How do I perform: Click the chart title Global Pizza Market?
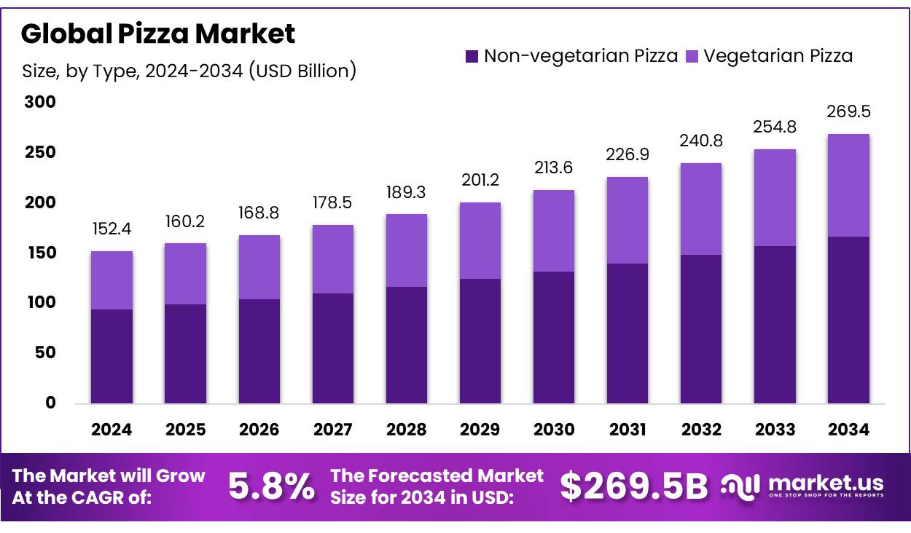coord(158,33)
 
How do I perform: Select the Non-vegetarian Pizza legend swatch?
coord(472,56)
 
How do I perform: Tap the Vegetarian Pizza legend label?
coord(778,56)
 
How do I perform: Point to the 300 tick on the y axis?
coord(40,103)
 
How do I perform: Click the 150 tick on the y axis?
coord(40,253)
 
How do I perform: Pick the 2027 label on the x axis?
coord(333,430)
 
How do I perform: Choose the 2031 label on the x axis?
coord(627,430)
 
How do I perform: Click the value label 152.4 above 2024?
coord(112,229)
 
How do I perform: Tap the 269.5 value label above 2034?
coord(848,112)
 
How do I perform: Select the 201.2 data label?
coord(480,180)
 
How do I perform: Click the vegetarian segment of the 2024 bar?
coord(112,280)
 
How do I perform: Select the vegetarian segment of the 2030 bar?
coord(554,231)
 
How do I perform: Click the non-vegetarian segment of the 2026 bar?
coord(259,350)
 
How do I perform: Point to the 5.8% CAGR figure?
coord(272,487)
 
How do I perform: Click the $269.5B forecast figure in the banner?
coord(633,487)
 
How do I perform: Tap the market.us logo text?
coord(826,483)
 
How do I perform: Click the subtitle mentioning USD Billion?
coord(189,71)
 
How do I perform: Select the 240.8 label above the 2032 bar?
coord(701,141)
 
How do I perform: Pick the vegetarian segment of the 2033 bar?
coord(775,197)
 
